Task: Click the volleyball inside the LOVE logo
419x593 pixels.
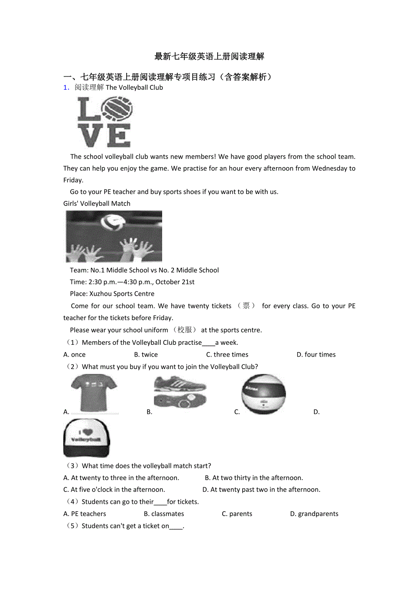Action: (x=117, y=110)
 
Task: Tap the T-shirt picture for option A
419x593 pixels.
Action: (x=94, y=393)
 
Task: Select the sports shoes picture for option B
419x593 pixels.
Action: (x=180, y=392)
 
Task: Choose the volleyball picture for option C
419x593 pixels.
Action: (x=263, y=394)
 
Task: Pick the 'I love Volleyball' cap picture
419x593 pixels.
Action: (x=87, y=438)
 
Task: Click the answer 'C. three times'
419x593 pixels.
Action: (x=227, y=355)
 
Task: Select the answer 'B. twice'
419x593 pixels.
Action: (x=146, y=355)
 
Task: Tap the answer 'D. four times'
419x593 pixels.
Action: (x=316, y=355)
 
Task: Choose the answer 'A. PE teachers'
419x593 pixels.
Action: (x=85, y=514)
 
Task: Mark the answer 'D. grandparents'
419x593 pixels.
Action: (x=314, y=514)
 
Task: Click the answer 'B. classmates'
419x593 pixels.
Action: (x=164, y=514)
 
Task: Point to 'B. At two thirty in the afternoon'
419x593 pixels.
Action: (x=254, y=478)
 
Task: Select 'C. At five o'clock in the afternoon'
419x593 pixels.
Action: (x=114, y=490)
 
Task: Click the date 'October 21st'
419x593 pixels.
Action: (x=176, y=282)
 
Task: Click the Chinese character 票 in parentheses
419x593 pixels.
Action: (x=246, y=306)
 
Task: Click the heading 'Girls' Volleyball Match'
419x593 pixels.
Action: (x=97, y=204)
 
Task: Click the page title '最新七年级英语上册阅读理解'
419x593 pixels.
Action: (x=209, y=56)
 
